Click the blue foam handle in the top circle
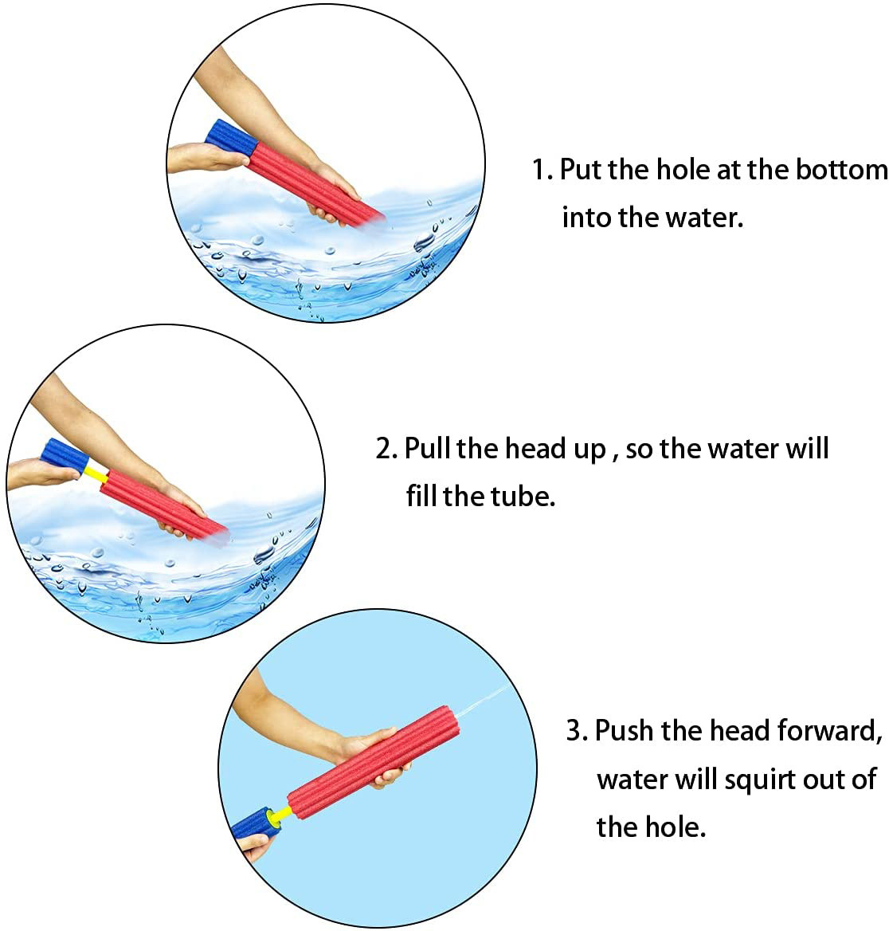pos(232,139)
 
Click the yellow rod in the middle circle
pos(96,473)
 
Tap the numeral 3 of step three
pos(574,730)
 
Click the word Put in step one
pos(581,170)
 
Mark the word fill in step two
pos(422,496)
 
